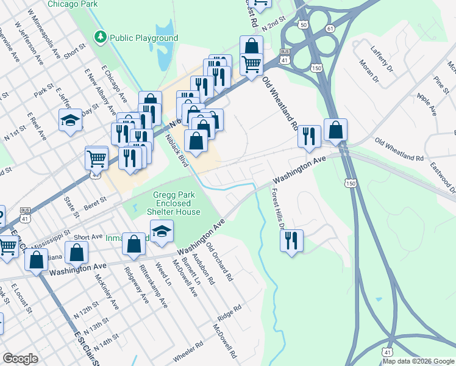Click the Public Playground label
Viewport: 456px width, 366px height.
pos(144,38)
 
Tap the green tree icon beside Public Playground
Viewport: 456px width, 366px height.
pos(101,38)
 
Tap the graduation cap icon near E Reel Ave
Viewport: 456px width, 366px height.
pos(70,121)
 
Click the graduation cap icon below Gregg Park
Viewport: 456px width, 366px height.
pos(162,231)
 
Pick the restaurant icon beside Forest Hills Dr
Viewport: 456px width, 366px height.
pos(292,240)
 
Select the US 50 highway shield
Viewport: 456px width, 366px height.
pos(303,25)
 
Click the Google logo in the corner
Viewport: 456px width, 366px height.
pos(20,359)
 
